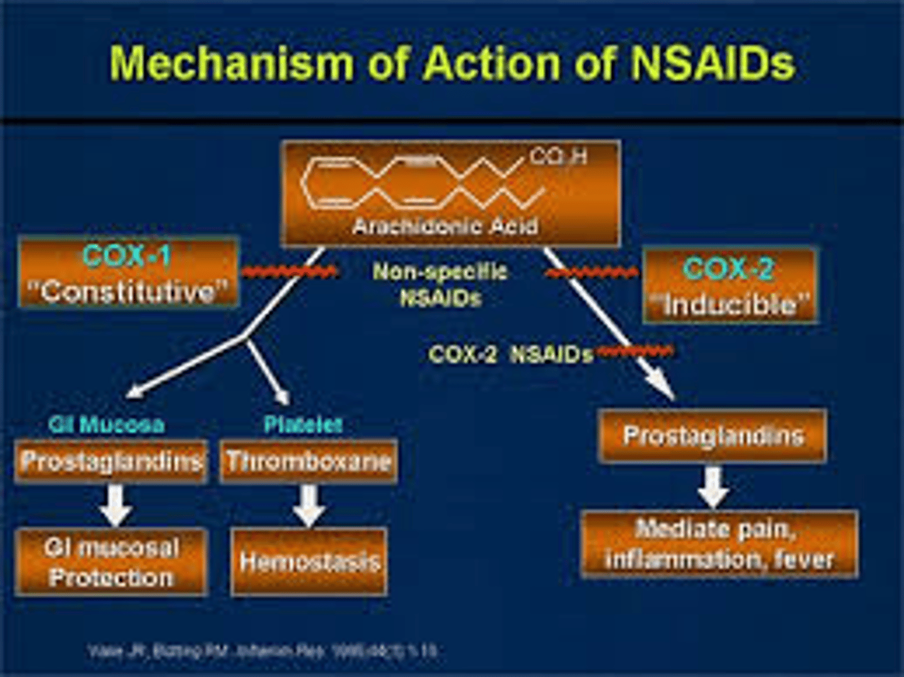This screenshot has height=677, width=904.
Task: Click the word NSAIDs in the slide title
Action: (712, 63)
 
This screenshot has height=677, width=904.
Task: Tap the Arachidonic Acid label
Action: (445, 226)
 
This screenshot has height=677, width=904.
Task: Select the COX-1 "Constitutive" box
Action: (128, 273)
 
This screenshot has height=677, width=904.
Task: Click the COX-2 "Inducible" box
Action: (730, 286)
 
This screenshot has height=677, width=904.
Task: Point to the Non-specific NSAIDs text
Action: (439, 284)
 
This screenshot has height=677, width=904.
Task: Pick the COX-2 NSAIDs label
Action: (510, 354)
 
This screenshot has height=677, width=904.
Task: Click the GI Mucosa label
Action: (107, 425)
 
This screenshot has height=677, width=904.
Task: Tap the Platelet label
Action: (303, 425)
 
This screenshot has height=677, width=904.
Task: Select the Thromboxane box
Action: (308, 462)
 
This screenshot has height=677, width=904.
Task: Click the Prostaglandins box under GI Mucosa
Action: (111, 462)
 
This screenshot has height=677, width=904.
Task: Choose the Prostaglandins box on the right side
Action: (713, 436)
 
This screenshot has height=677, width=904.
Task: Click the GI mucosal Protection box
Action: (111, 562)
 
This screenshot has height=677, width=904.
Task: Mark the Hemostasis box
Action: (309, 561)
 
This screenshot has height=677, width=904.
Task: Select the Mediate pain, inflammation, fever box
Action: (719, 544)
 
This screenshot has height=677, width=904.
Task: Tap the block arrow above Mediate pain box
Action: (713, 487)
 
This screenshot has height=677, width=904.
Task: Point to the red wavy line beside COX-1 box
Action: (289, 271)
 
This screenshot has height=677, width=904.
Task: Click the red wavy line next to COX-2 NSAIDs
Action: (634, 350)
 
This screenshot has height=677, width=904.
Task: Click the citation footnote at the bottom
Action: (262, 651)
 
